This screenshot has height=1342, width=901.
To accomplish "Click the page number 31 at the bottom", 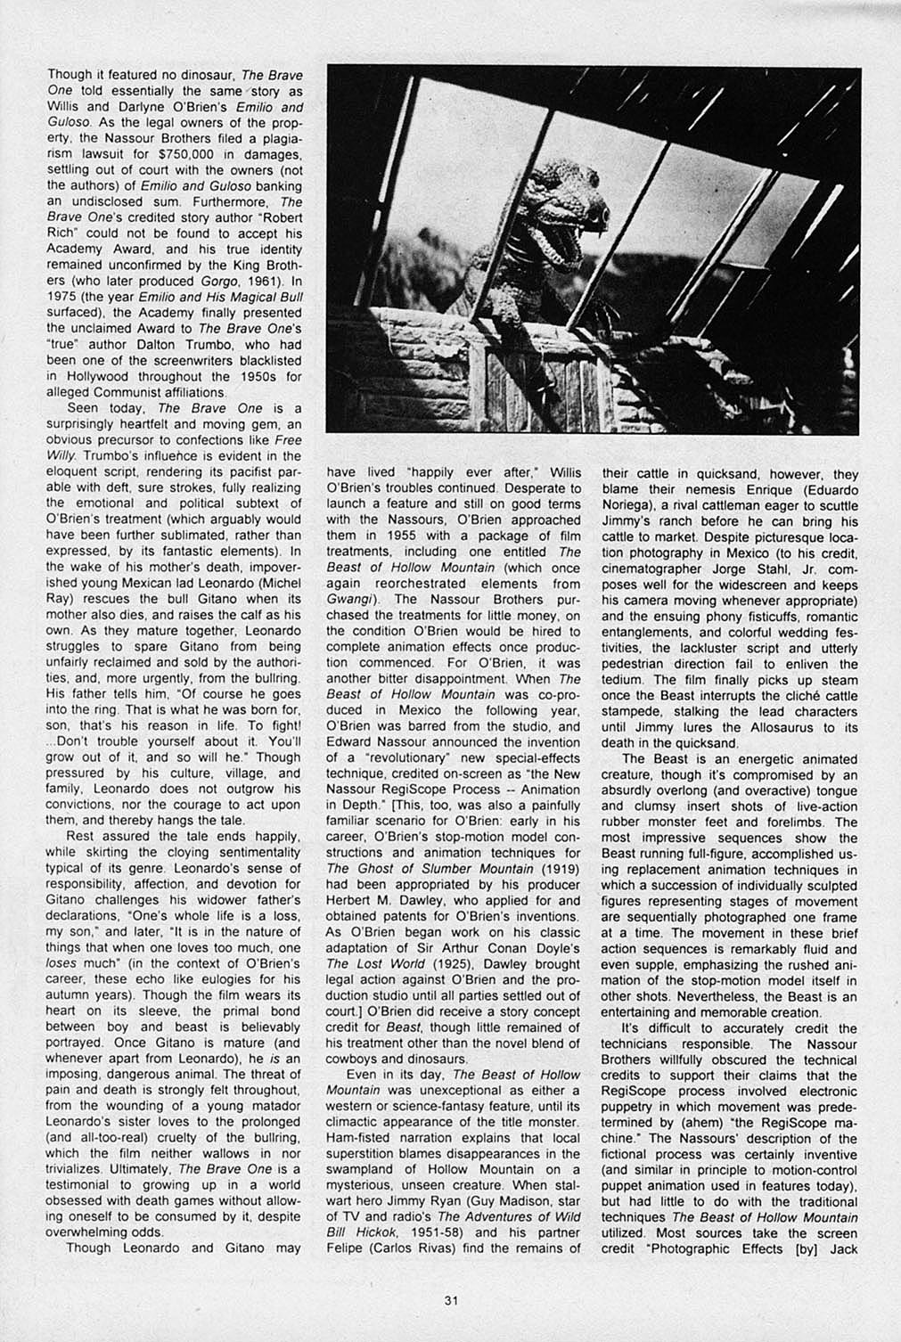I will tap(450, 1299).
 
